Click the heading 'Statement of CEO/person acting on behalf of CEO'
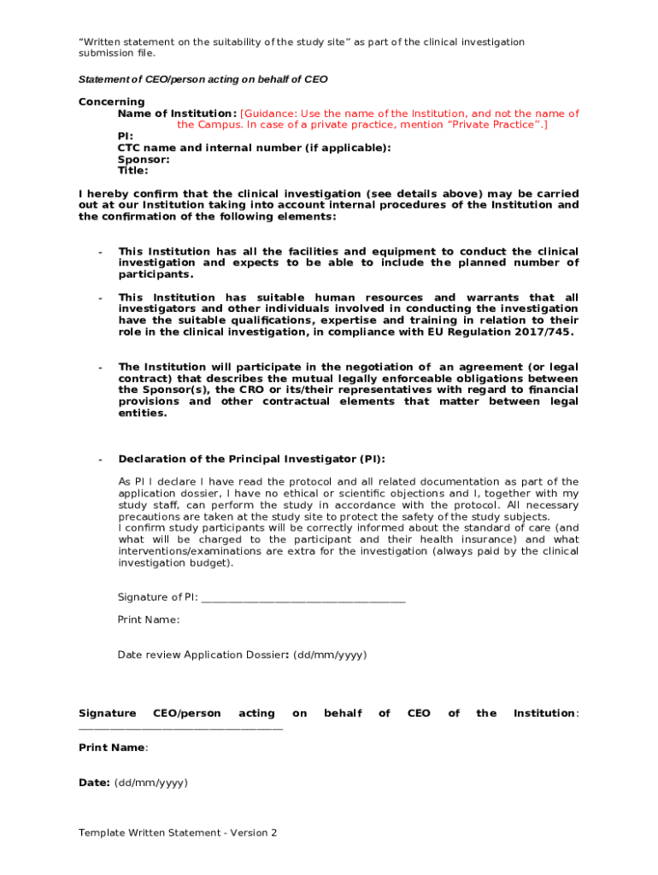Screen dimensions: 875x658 pyautogui.click(x=203, y=79)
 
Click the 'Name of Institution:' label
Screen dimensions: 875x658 pyautogui.click(x=177, y=114)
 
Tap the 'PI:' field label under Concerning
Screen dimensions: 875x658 pyautogui.click(x=126, y=136)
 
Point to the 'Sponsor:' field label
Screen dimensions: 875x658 pyautogui.click(x=143, y=159)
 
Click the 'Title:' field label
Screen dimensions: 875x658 pyautogui.click(x=132, y=170)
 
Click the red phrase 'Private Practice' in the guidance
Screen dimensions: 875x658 pyautogui.click(x=494, y=125)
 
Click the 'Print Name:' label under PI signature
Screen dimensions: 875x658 pyautogui.click(x=148, y=620)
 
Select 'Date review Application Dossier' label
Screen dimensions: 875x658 pyautogui.click(x=202, y=655)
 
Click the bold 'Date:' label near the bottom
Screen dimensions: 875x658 pyautogui.click(x=94, y=783)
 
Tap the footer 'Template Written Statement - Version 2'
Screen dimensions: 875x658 pyautogui.click(x=178, y=832)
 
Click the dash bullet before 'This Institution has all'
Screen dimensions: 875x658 pyautogui.click(x=101, y=252)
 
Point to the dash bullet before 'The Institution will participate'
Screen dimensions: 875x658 pyautogui.click(x=101, y=367)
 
